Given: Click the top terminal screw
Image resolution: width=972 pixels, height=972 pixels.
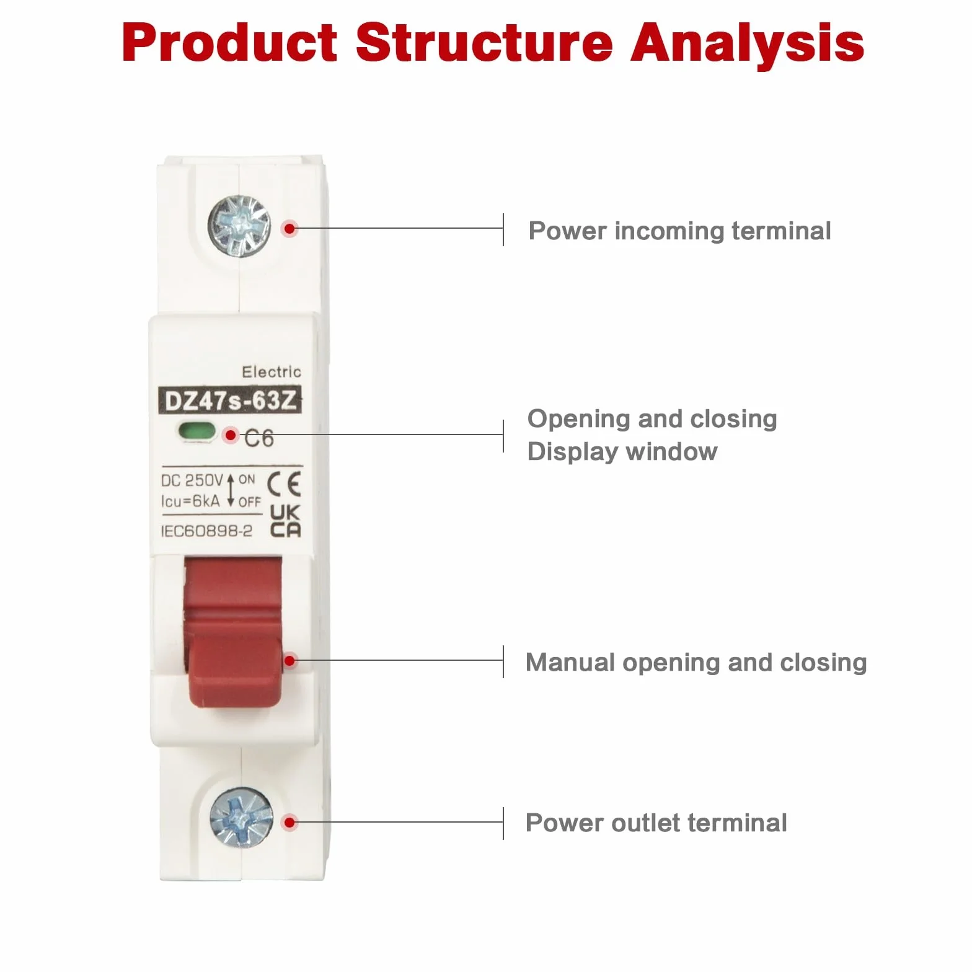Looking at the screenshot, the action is (239, 226).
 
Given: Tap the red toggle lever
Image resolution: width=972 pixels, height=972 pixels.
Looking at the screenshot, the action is (234, 632).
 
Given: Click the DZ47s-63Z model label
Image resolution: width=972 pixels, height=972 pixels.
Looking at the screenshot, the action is (230, 400).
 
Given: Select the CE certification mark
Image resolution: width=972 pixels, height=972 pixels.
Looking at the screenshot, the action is (285, 484).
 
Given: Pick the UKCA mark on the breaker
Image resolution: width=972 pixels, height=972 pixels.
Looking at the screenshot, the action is (286, 521).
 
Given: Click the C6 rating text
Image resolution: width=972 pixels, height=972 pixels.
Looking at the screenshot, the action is (259, 438).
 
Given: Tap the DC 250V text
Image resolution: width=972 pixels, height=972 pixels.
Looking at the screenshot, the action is (192, 480).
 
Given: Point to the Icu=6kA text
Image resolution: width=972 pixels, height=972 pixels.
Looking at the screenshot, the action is (190, 501).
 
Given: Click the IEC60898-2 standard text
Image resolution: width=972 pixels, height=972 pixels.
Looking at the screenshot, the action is (206, 531).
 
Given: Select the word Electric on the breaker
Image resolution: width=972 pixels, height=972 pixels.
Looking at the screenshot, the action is (272, 372).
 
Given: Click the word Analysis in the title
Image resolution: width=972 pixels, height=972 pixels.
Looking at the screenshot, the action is (748, 43).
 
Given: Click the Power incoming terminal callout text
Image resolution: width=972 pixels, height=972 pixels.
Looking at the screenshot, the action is (679, 231).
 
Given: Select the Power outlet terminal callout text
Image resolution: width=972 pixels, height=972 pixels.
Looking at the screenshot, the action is (656, 823).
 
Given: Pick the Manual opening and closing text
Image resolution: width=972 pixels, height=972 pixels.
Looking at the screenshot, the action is (696, 663).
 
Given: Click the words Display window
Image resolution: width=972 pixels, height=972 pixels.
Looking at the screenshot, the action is (622, 451).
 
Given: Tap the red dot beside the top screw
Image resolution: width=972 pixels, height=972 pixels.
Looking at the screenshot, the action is (289, 228).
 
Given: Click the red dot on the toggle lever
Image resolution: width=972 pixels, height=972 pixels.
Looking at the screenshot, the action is (289, 661).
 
